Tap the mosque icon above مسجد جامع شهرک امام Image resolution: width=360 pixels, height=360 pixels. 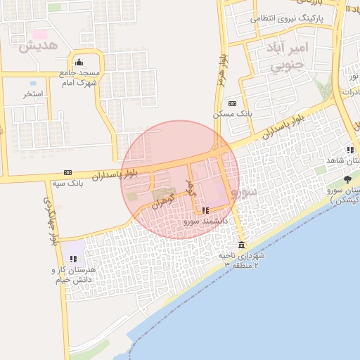click(x=78, y=62)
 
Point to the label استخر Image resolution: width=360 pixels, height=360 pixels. click(x=33, y=94)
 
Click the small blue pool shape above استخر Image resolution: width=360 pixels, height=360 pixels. click(x=33, y=84)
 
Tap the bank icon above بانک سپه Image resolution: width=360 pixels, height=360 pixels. click(x=67, y=172)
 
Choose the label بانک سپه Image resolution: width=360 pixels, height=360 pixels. click(x=67, y=184)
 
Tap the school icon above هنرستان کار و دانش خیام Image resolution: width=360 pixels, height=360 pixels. click(x=74, y=259)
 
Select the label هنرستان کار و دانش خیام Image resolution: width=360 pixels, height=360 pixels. click(x=75, y=275)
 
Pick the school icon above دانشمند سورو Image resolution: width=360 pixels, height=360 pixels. click(x=205, y=210)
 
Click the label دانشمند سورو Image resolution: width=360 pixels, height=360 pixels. click(x=206, y=221)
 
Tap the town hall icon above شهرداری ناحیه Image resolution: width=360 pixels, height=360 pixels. click(x=242, y=245)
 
